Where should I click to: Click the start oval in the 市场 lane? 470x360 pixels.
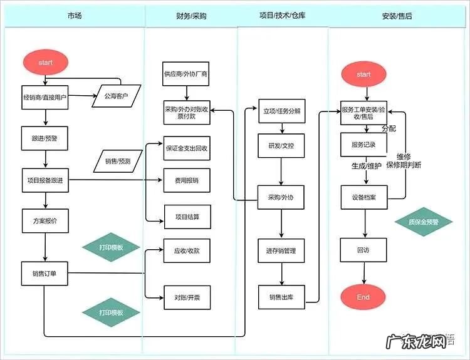(45, 63)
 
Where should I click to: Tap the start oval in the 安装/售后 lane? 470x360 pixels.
(363, 75)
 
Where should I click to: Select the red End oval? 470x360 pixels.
(363, 297)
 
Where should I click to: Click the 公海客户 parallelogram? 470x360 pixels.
(117, 96)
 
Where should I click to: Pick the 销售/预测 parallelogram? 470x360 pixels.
(117, 162)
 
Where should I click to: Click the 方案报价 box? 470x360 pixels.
(45, 221)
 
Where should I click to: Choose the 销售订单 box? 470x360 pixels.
(45, 272)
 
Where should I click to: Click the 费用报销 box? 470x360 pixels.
(186, 180)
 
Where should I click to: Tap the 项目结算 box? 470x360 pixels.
(186, 216)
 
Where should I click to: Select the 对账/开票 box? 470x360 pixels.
(186, 297)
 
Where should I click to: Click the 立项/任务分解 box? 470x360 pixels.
(281, 110)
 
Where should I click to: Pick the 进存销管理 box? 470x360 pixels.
(281, 250)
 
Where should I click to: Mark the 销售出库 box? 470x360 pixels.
(281, 297)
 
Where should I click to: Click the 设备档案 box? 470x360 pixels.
(363, 197)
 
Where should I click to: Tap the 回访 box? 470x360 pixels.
(363, 249)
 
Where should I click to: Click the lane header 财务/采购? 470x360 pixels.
(191, 16)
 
